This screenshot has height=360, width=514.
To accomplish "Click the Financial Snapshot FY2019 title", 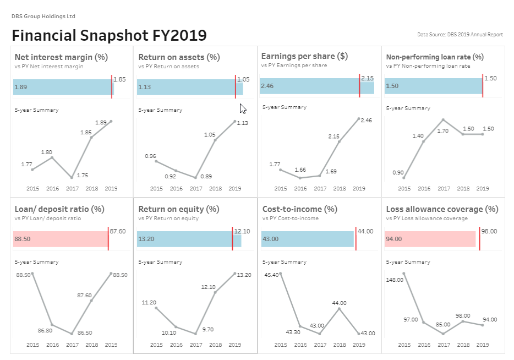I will (109, 35).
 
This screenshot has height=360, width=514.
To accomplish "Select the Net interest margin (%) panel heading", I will (61, 57).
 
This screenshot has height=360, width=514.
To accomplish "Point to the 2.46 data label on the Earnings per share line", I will (365, 120).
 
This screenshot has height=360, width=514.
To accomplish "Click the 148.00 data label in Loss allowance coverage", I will (395, 280).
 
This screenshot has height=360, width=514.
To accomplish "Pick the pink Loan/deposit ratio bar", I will (61, 239).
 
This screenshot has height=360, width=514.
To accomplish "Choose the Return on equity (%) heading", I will (179, 209).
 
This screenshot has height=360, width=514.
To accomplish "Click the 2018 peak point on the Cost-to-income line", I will (339, 309).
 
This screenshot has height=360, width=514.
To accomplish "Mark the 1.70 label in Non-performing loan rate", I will (442, 131).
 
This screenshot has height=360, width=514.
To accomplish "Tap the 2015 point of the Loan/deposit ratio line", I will (32, 274).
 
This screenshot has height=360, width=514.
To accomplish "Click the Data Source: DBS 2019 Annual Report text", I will (460, 35).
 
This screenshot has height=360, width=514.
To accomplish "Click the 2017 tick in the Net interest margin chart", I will (72, 188).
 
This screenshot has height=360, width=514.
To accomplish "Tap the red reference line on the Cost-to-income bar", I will (356, 239).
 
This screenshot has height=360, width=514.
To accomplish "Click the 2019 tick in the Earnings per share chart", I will (359, 188).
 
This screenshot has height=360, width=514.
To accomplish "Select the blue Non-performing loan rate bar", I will (433, 86).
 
